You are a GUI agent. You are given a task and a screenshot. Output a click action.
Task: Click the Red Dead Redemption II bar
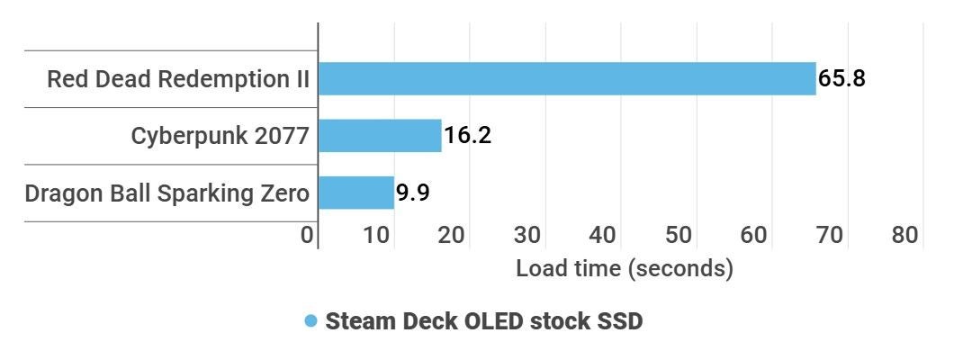point(567,78)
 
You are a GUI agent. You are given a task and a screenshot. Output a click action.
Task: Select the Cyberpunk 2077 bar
point(380,136)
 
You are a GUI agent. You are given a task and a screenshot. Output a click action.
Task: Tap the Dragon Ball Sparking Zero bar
point(356,193)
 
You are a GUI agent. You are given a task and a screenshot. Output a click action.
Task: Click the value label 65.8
point(841,78)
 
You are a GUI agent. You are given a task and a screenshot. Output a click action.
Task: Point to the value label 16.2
point(467,136)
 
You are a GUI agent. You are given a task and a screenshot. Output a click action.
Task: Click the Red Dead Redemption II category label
point(178,79)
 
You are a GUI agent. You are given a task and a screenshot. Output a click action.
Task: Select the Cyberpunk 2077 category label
point(220,136)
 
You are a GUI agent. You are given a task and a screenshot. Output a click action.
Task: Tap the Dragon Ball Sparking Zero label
point(167,193)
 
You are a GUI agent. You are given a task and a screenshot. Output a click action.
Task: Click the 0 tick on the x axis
point(308,235)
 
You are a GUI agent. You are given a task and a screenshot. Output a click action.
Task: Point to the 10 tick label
point(379,235)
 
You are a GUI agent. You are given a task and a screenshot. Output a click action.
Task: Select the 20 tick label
point(453,235)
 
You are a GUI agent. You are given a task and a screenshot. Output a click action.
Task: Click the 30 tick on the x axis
point(528,235)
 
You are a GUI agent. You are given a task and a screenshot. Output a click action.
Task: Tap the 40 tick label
point(604,235)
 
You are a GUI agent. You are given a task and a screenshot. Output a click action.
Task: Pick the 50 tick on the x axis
point(679,235)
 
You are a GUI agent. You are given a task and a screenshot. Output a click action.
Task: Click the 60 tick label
point(755,235)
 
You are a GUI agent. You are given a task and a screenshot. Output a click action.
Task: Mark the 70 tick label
point(830,235)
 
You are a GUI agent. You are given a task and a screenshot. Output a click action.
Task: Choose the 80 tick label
point(905,235)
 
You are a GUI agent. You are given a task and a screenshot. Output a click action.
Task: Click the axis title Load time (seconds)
point(625,268)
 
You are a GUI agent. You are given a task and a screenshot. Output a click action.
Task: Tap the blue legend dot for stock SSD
point(311,321)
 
